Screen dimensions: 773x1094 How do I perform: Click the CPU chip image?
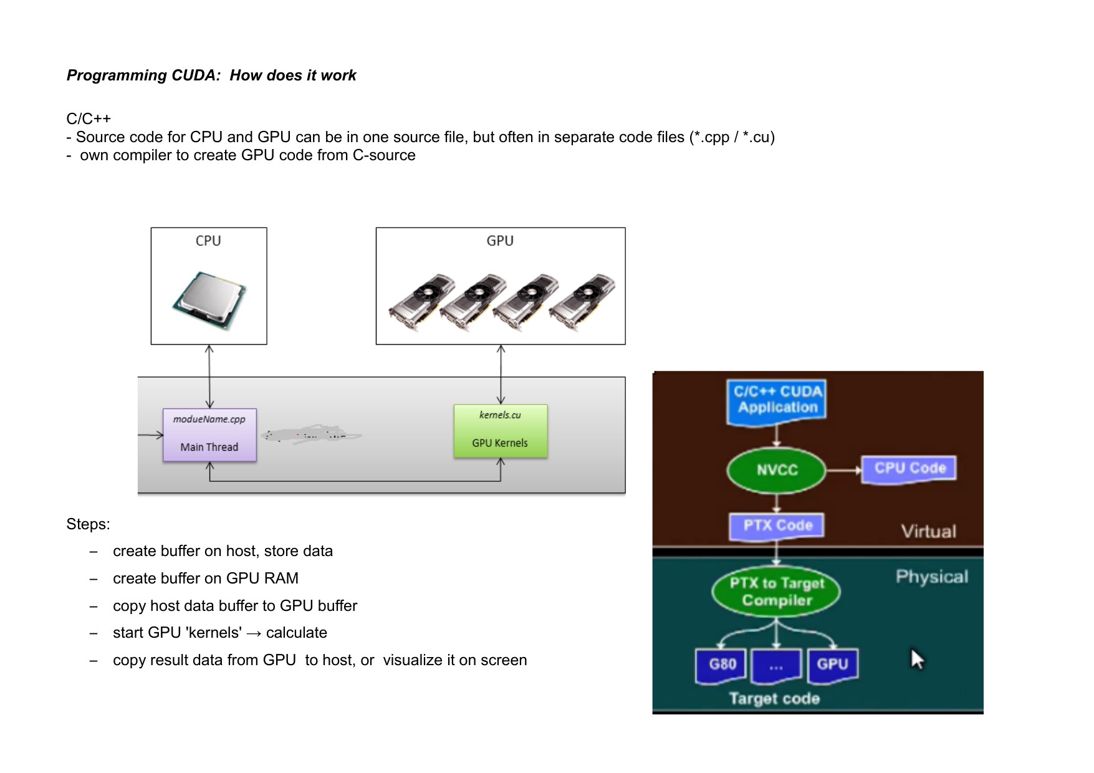209,300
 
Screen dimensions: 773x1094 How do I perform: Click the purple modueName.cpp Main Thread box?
209,435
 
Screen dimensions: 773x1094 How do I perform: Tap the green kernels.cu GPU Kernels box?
501,431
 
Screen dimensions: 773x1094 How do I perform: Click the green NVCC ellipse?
777,470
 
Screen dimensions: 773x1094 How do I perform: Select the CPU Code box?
909,469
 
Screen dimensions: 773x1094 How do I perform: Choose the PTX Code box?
777,526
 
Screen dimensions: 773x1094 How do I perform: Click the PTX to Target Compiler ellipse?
777,592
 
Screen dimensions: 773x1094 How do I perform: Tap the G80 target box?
721,665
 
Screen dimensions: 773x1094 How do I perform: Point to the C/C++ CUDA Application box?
777,401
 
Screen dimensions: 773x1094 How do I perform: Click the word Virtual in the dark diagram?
928,532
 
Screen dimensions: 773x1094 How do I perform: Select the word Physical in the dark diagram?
932,577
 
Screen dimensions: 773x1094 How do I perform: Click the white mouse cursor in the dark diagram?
917,659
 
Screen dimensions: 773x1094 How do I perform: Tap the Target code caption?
774,699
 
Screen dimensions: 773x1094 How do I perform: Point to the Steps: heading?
88,524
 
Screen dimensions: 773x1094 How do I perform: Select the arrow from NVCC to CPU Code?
843,470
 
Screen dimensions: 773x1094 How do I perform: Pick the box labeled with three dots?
776,666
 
